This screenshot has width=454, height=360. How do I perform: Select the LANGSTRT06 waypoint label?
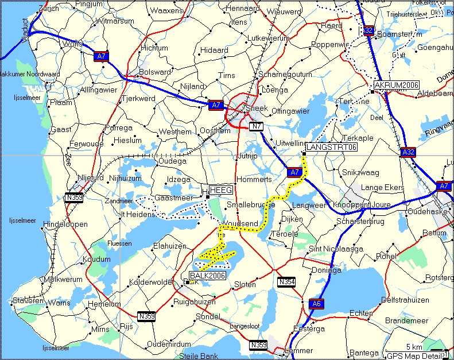(x=332, y=147)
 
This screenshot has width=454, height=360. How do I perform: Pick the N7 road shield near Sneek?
(x=256, y=126)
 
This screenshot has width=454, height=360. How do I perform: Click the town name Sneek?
(x=257, y=108)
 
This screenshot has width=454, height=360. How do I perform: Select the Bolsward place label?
(x=156, y=72)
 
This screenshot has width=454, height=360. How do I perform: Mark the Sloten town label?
(x=245, y=284)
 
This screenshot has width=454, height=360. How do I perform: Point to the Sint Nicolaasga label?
(x=336, y=249)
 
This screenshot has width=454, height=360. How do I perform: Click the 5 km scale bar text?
(x=413, y=347)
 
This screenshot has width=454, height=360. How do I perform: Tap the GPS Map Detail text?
(x=412, y=356)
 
